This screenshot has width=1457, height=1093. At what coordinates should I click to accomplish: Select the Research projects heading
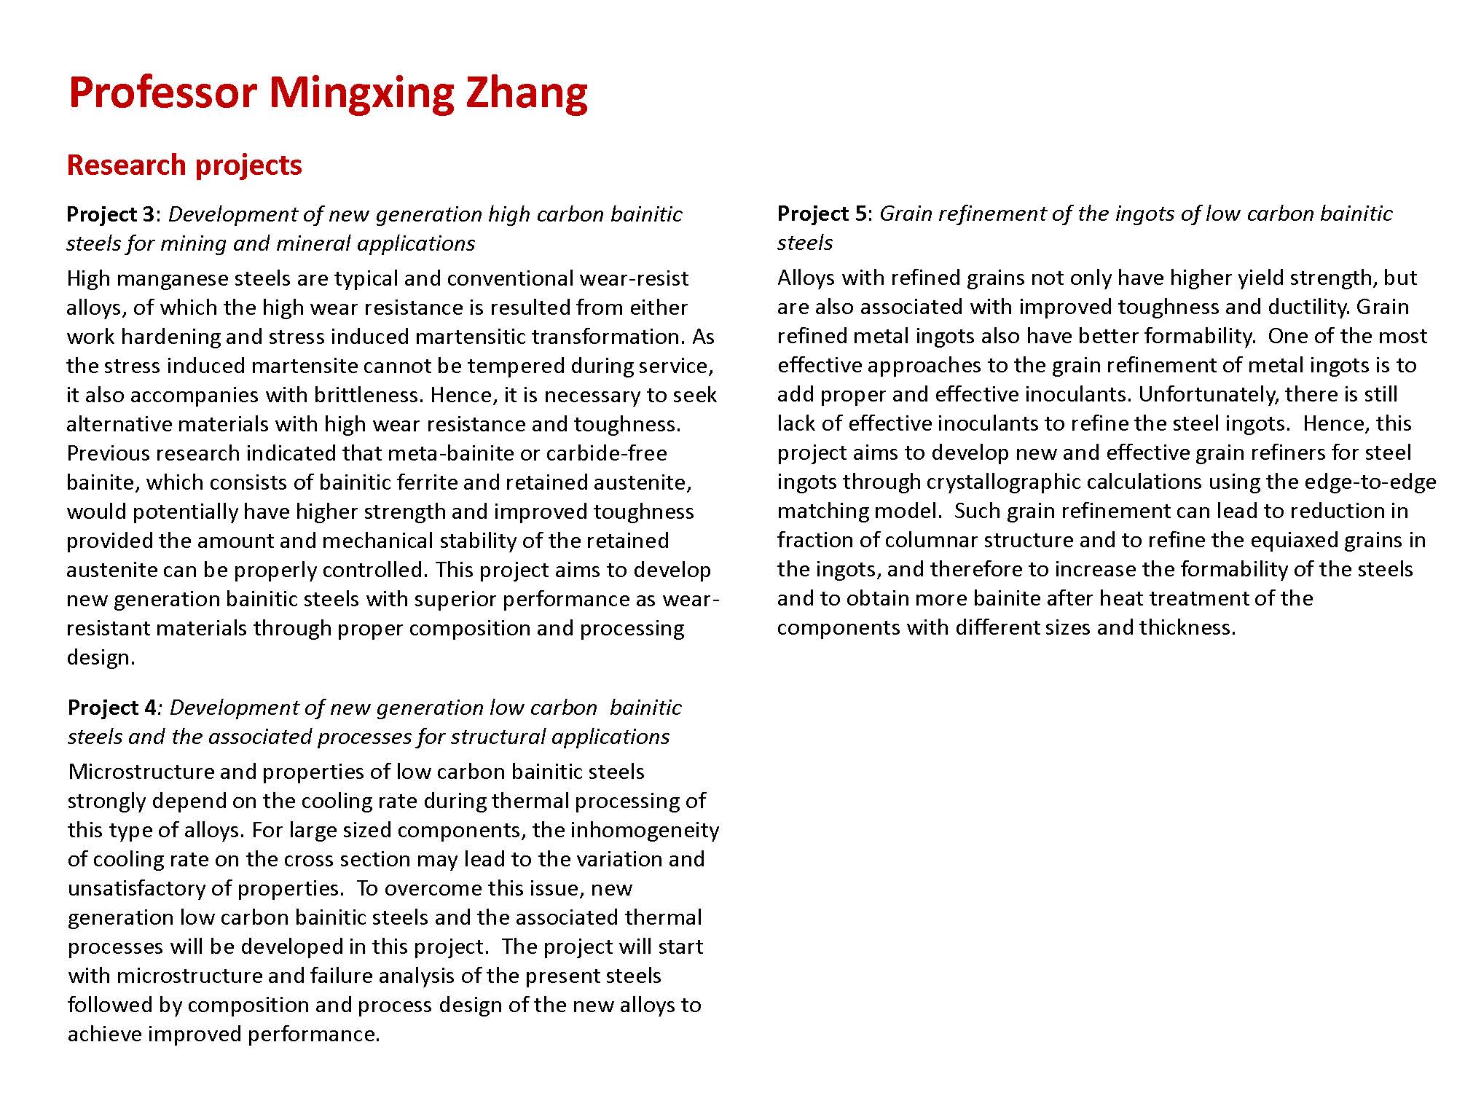click(184, 165)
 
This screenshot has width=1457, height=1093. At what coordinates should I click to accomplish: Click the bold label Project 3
click(111, 214)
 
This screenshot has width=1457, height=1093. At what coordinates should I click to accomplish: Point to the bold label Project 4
click(112, 708)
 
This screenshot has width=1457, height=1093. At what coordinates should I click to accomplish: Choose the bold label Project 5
click(822, 213)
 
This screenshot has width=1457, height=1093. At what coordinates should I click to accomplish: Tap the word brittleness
click(369, 396)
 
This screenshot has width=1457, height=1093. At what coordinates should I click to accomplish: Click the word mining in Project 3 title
click(194, 243)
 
